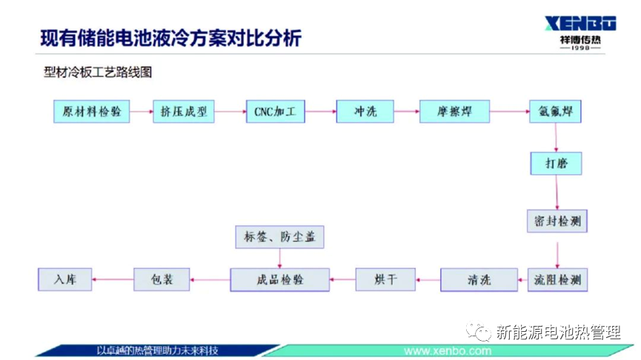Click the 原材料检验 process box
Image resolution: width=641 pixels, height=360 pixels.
click(x=92, y=111)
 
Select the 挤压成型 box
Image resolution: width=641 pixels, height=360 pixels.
click(x=184, y=111)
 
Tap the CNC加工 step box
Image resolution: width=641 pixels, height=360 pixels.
click(x=276, y=111)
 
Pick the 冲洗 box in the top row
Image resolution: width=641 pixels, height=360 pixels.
click(x=365, y=111)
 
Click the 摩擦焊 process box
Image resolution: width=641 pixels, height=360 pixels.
click(x=454, y=111)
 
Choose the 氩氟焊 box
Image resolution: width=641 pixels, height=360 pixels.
click(x=555, y=111)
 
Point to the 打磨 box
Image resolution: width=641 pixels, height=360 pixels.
click(x=556, y=164)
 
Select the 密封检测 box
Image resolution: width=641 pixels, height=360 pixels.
click(x=557, y=221)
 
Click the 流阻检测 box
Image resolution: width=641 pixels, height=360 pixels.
click(x=557, y=280)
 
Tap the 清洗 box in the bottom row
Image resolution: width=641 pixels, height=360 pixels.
click(x=479, y=280)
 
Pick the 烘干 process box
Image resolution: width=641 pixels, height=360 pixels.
click(x=385, y=279)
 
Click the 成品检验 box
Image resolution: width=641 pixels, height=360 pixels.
click(x=280, y=280)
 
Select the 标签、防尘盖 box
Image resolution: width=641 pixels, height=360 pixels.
click(x=279, y=237)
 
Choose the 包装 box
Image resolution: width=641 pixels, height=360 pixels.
click(x=162, y=279)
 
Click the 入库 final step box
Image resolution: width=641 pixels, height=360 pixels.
click(x=65, y=279)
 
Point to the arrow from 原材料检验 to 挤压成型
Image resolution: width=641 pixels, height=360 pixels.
click(x=142, y=111)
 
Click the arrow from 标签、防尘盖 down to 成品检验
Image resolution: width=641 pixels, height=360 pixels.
click(x=279, y=259)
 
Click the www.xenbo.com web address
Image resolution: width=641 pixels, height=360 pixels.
click(x=448, y=350)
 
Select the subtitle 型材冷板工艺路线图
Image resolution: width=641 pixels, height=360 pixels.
click(x=98, y=73)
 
